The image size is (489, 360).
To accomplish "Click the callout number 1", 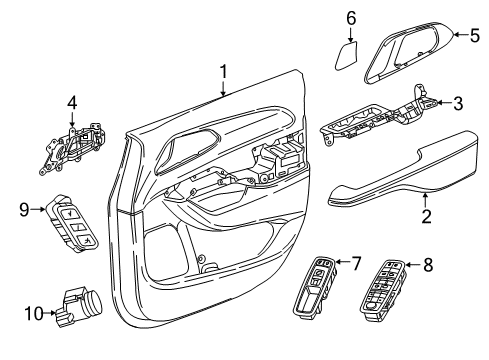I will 224,71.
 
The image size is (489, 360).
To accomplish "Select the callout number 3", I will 457,103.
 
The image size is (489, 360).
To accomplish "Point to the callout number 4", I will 71,101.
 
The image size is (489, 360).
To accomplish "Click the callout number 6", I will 351,17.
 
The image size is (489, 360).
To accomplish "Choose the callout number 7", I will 356,264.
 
